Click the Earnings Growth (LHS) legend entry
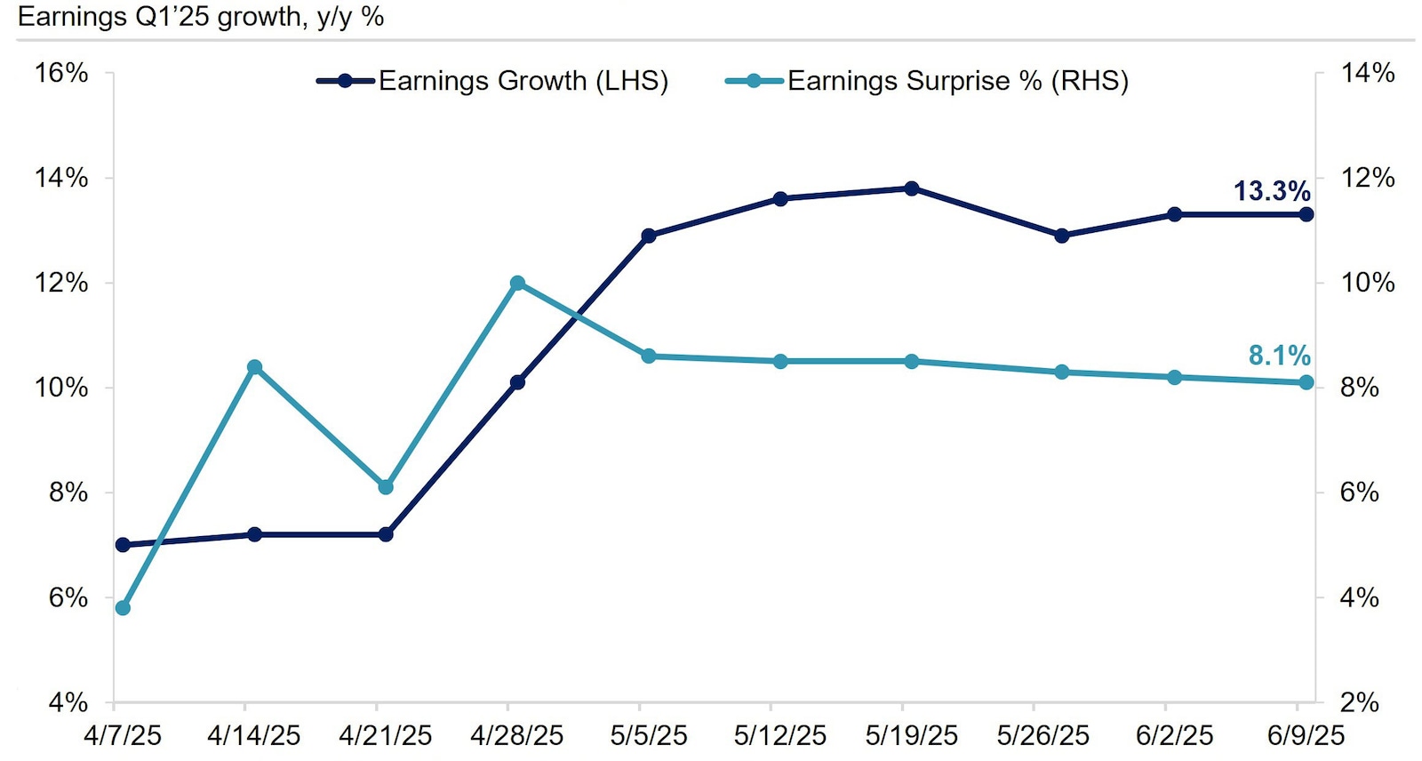[493, 81]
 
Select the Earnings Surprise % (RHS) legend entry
[928, 81]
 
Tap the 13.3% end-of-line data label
[1271, 191]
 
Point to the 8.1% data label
[1279, 356]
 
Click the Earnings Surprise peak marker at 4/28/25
[517, 284]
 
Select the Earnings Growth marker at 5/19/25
[912, 188]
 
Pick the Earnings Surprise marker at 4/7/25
[123, 608]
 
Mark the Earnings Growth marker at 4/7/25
[123, 545]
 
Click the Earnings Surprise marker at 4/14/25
[254, 367]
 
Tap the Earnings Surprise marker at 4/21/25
[386, 487]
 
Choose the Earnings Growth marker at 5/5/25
[649, 236]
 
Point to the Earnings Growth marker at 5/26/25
[1061, 236]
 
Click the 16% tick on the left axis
[61, 73]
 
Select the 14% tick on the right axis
[1367, 73]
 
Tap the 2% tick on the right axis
[1360, 702]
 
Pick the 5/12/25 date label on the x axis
[779, 736]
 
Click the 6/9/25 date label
[1306, 736]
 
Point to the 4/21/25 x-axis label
[385, 736]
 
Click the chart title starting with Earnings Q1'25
[201, 16]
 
